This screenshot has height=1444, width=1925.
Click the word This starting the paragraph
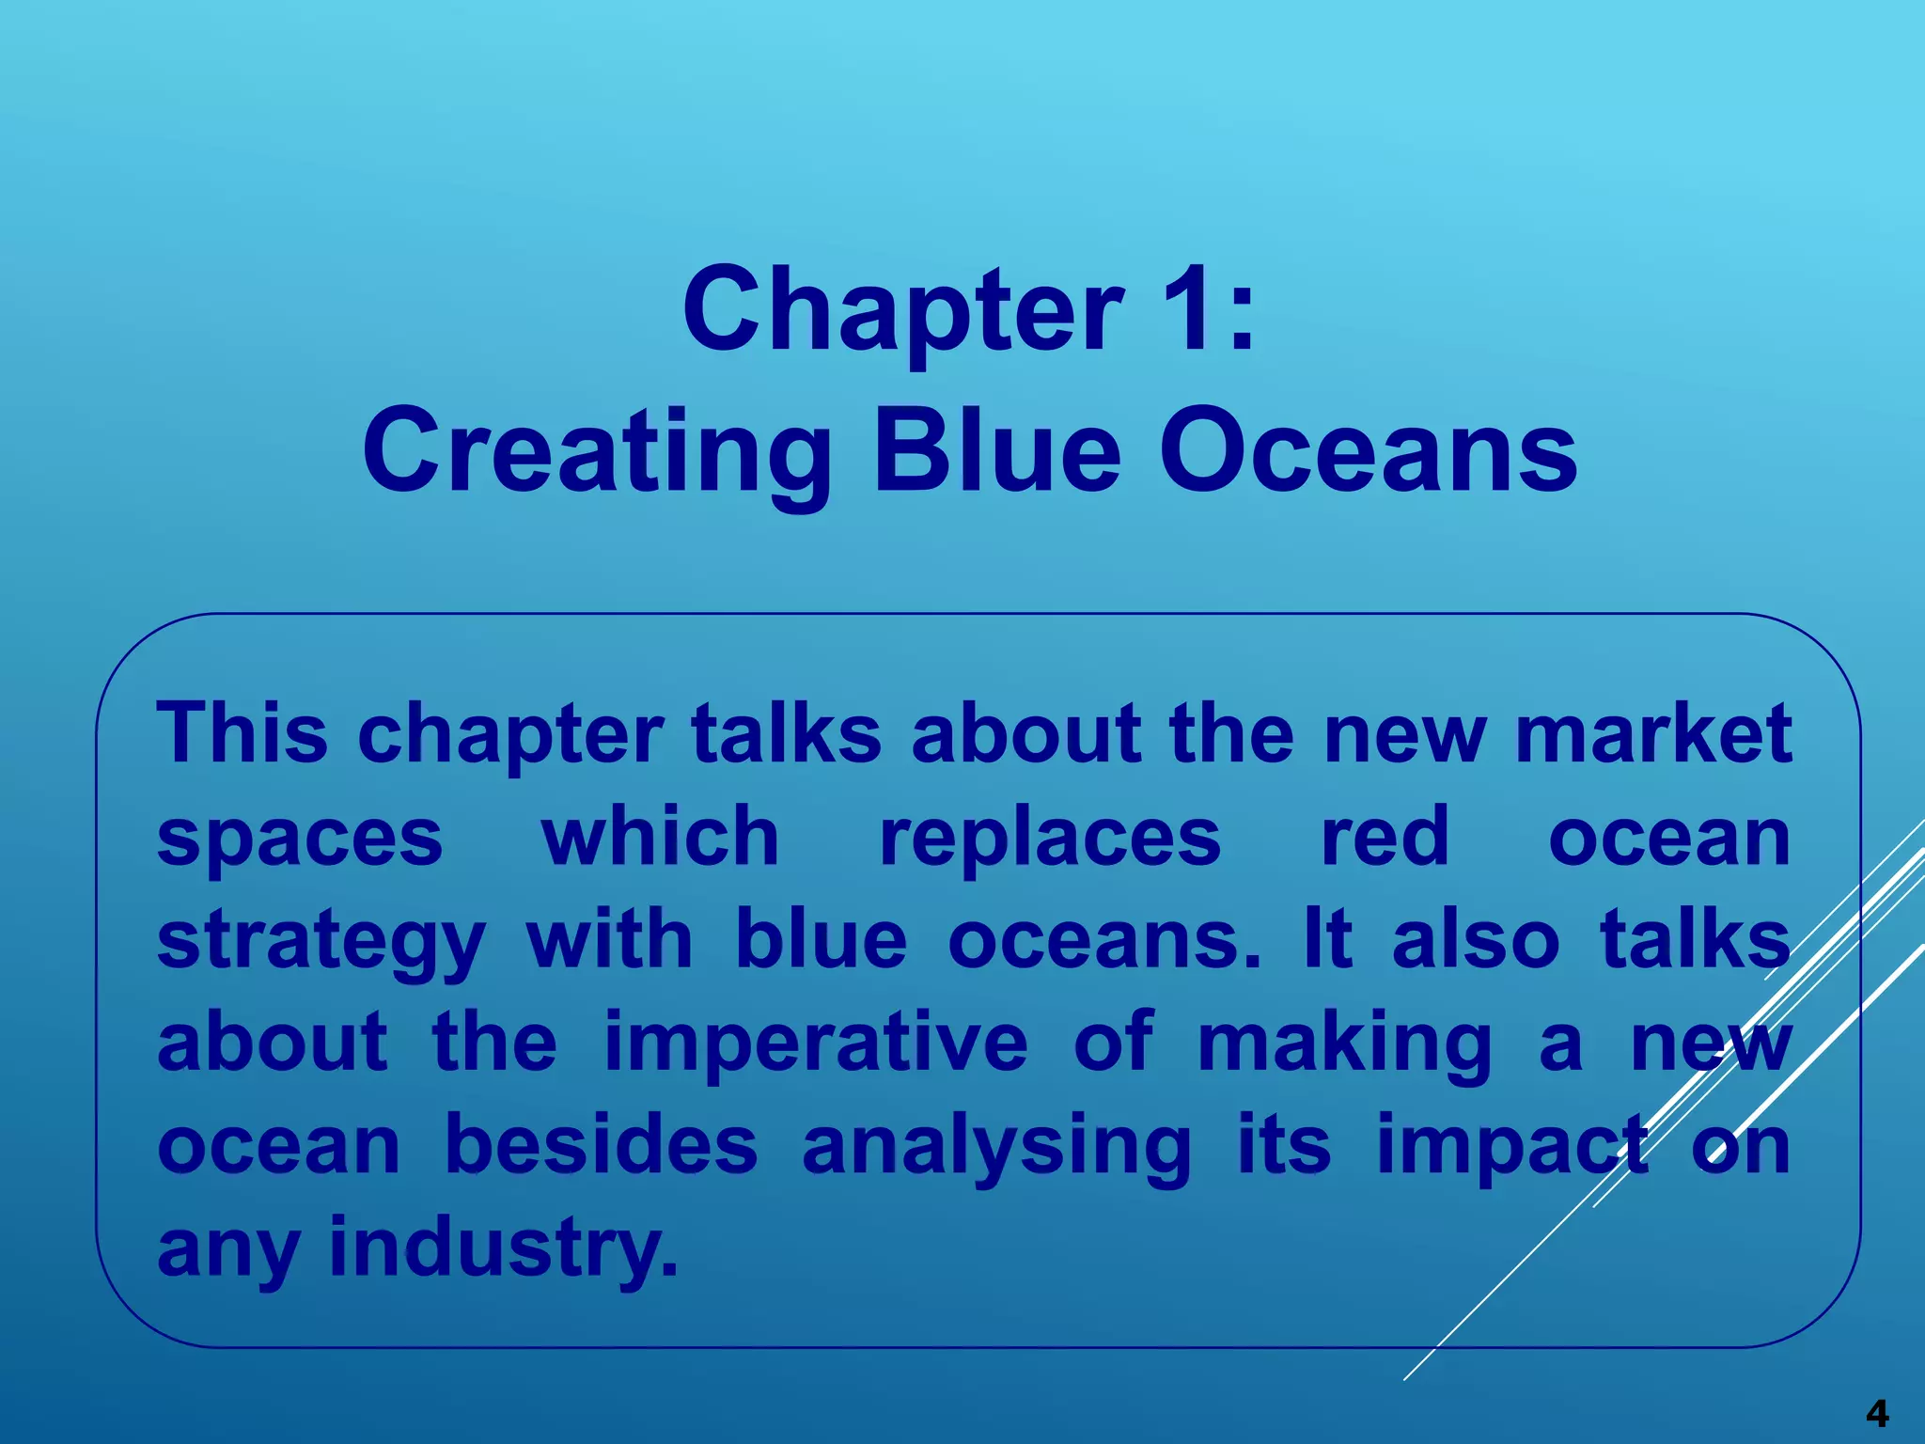243,733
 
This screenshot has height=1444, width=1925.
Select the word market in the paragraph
1653,735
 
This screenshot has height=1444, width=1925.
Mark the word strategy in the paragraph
321,943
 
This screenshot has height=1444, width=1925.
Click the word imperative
816,1045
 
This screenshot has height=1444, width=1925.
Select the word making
1345,1045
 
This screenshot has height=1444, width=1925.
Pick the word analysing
997,1149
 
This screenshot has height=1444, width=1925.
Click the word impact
1511,1149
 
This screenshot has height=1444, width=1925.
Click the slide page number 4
1877,1413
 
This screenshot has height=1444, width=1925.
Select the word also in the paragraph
1476,941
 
